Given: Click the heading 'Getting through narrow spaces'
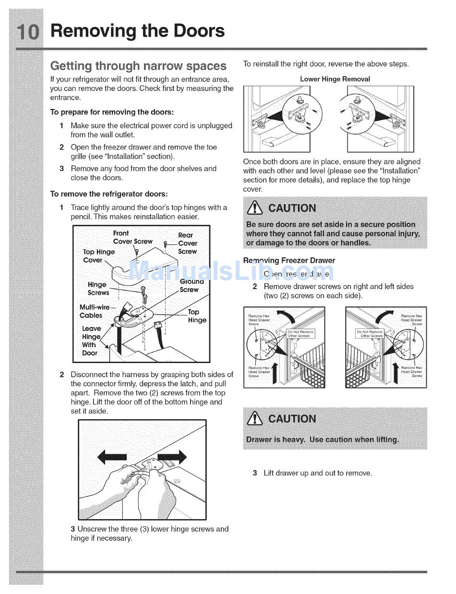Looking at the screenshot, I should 138,66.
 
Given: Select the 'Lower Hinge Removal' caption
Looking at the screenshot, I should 335,79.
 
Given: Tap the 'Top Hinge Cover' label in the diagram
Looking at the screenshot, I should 98,256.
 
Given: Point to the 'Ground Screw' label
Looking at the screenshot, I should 191,286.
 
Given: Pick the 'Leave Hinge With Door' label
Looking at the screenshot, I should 91,340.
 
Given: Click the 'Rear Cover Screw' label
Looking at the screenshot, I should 187,243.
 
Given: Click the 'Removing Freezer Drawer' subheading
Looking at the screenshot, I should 289,261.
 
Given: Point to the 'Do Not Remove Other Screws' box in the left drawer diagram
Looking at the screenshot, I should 300,334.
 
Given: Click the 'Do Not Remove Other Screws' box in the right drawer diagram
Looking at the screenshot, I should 369,334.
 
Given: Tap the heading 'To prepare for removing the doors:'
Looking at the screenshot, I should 112,112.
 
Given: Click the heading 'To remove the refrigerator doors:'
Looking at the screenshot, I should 109,194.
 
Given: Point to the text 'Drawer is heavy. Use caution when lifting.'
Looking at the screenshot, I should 322,440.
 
